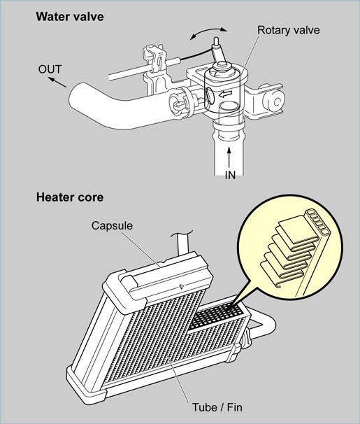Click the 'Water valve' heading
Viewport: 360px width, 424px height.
(70, 17)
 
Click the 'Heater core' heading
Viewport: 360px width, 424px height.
(70, 197)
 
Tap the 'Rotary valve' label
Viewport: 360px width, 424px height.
(289, 30)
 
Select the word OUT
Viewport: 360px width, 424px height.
(50, 69)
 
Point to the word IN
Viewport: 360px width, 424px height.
(230, 175)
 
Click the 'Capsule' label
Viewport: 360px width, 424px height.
(112, 225)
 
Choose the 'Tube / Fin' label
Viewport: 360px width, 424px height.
(217, 407)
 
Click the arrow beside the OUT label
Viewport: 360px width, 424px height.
(57, 82)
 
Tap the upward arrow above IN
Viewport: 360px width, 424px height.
(229, 158)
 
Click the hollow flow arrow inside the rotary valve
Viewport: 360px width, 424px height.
(226, 94)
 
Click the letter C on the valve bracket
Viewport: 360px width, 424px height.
(277, 102)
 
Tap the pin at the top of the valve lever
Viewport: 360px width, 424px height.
(216, 42)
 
